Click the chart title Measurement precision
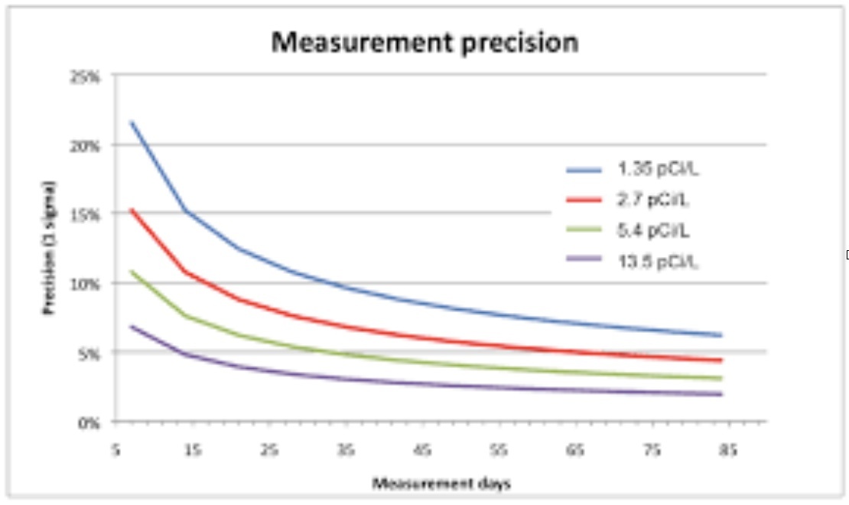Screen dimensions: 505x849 (x=424, y=42)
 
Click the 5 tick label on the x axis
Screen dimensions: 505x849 (x=115, y=451)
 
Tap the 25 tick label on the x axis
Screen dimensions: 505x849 (x=268, y=451)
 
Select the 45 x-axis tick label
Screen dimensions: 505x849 (x=421, y=451)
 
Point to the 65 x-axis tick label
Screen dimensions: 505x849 (x=574, y=451)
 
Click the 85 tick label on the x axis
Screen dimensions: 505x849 (x=727, y=451)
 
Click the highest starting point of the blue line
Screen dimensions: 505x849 (x=132, y=122)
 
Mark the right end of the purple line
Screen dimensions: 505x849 (x=721, y=394)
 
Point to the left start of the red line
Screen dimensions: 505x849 (x=132, y=210)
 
